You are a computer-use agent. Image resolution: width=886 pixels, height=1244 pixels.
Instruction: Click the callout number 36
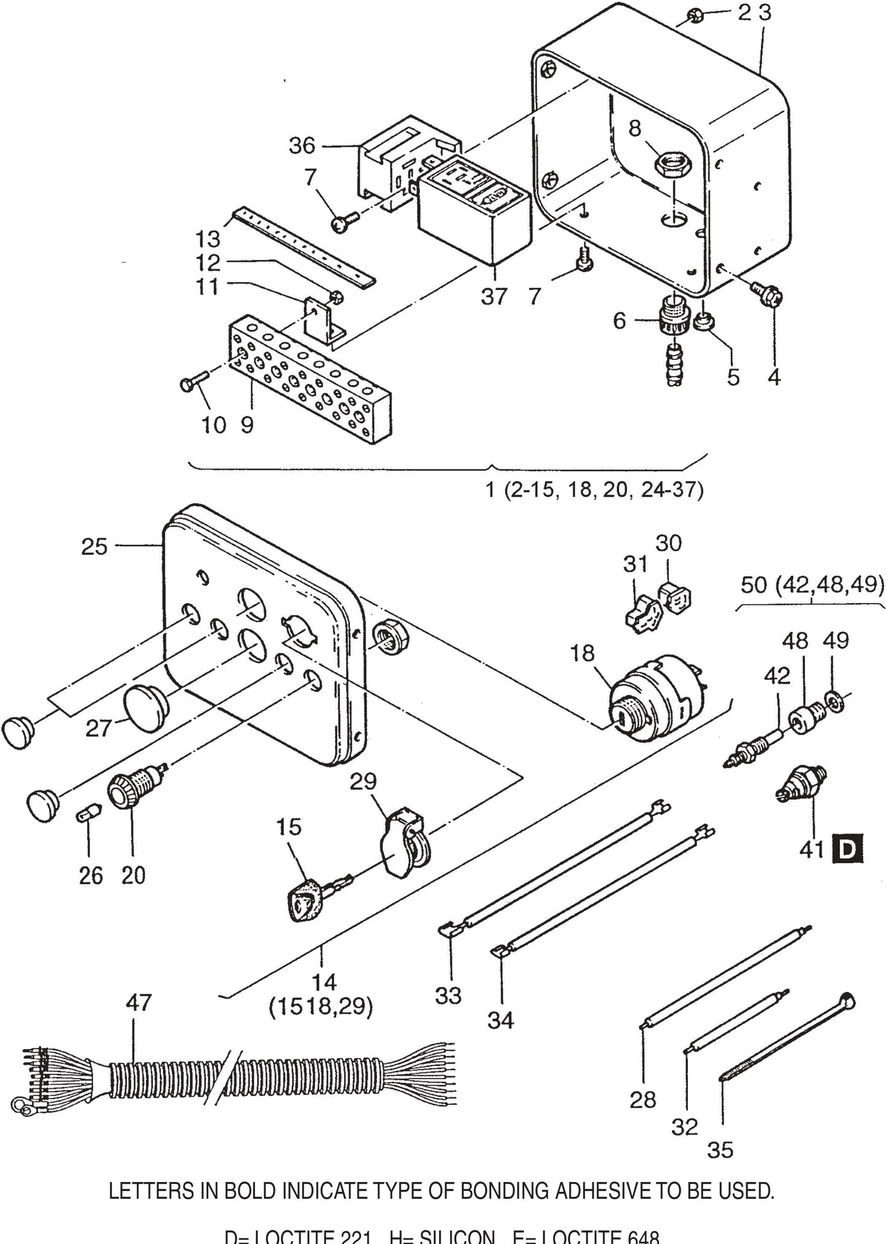(x=302, y=146)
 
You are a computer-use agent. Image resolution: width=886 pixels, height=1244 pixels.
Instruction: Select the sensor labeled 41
(x=801, y=787)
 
